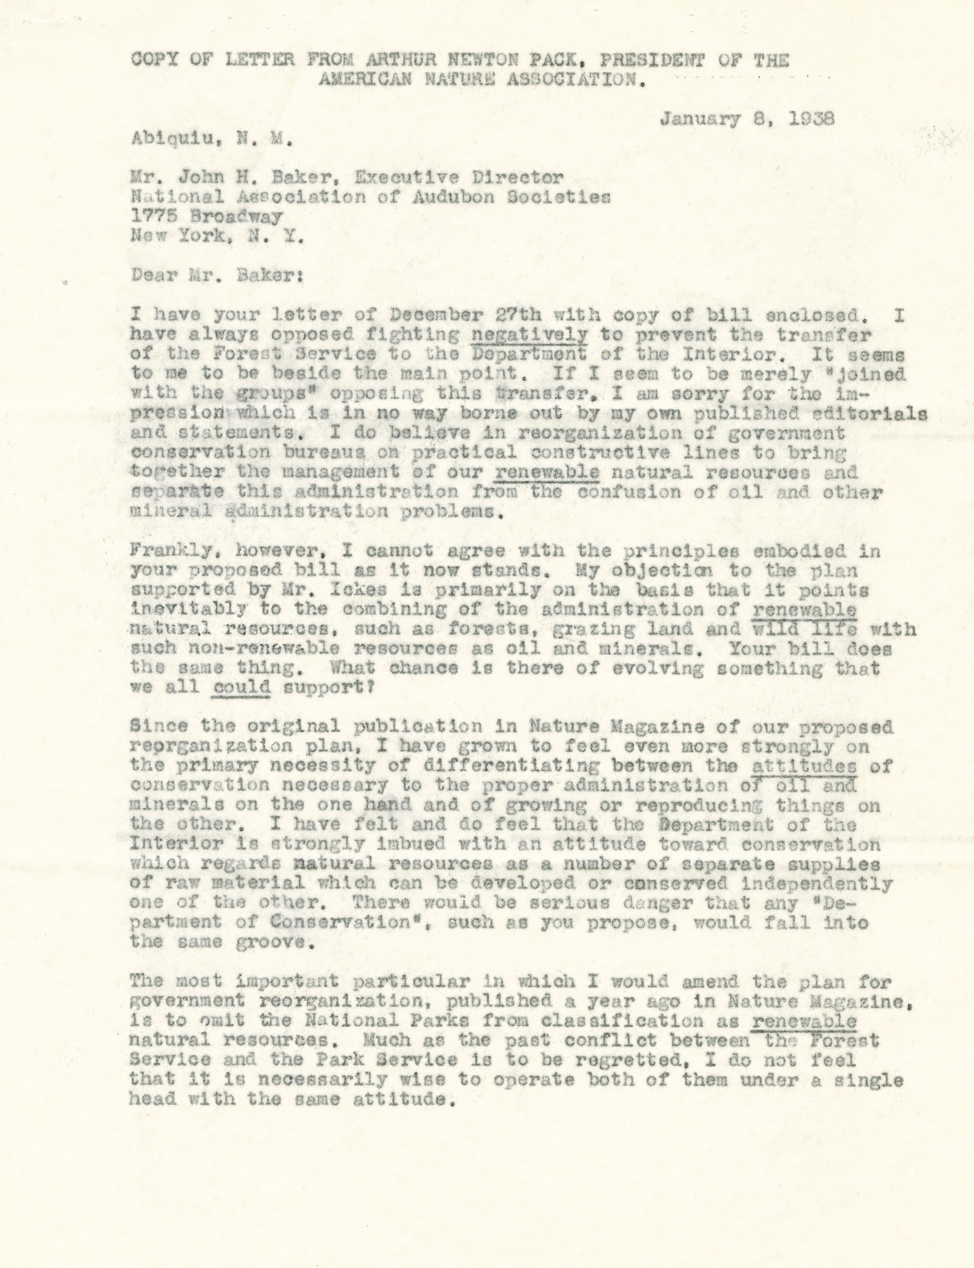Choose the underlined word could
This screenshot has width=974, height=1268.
point(242,688)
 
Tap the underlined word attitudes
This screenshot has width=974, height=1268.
point(804,766)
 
